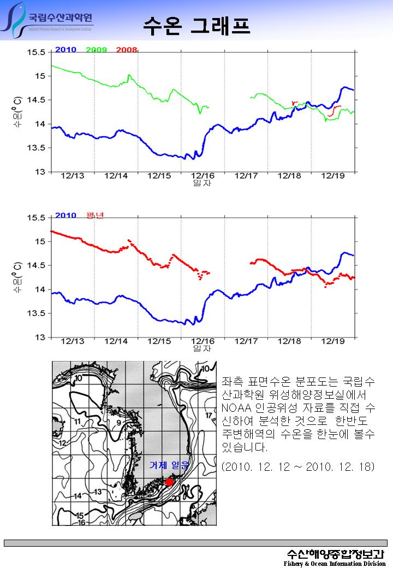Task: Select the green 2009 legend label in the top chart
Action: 96,50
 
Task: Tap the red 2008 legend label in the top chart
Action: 126,50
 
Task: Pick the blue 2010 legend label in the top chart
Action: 65,50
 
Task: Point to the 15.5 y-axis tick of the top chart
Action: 36,52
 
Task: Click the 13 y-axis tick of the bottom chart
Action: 40,338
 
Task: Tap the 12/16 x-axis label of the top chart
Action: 203,176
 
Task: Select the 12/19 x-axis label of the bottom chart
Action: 332,341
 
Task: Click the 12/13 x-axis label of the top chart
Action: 73,176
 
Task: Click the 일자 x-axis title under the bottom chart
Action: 203,348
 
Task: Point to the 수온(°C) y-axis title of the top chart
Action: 18,112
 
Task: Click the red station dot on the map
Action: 169,482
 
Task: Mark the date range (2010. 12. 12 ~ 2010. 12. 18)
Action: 298,468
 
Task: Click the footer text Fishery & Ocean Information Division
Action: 335,563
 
